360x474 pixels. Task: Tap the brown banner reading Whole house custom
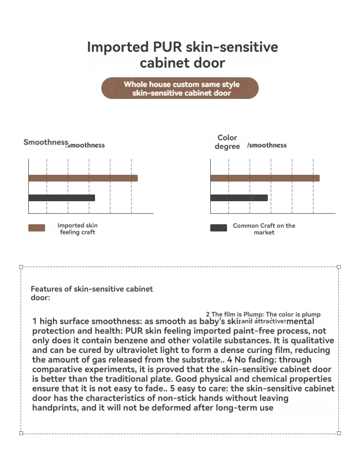tap(180, 88)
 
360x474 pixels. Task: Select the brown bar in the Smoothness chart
tap(83, 178)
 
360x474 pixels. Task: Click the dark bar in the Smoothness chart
tap(62, 197)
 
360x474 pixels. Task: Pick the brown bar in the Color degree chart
tap(264, 178)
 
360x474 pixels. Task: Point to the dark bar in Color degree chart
tap(239, 197)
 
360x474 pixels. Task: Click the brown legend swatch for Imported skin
tap(37, 228)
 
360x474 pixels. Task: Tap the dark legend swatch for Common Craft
tap(218, 228)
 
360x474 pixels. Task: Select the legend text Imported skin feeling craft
tap(77, 229)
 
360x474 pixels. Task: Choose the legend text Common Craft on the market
tap(264, 229)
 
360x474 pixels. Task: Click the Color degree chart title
tap(228, 142)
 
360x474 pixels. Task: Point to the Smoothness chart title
tap(46, 142)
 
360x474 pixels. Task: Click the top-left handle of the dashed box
tap(21, 267)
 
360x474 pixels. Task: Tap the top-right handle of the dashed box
tap(339, 267)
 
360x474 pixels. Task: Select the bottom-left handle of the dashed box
tap(21, 433)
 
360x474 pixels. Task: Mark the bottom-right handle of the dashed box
tap(339, 433)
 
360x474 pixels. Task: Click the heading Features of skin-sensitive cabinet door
tap(92, 293)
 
